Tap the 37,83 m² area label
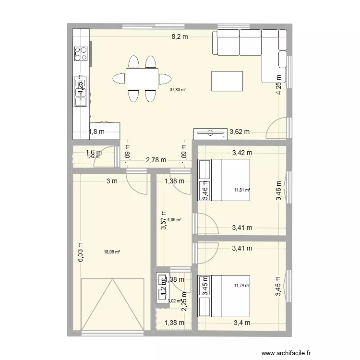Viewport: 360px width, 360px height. pos(178,89)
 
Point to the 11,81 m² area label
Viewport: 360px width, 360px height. pos(242,190)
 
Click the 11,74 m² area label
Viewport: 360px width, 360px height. pos(242,285)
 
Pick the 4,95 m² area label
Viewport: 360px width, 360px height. pos(174,220)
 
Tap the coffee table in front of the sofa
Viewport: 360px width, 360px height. pos(228,80)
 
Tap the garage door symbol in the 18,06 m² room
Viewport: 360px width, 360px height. pos(113,306)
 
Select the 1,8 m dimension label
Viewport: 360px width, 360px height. pos(96,131)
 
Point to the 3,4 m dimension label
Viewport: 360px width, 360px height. pos(242,323)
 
